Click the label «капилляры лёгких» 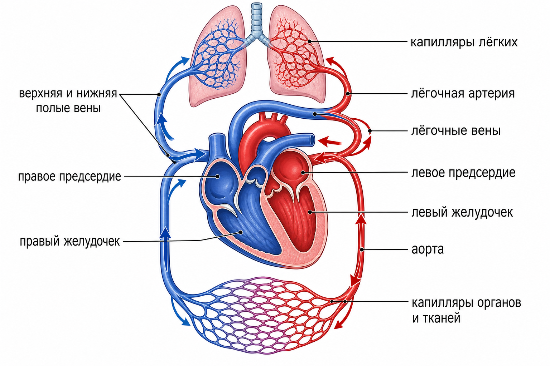coord(464,43)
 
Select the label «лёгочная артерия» coord(463,94)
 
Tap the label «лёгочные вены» coord(456,131)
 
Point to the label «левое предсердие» coord(463,173)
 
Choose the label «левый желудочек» coord(462,212)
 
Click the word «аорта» coord(428,250)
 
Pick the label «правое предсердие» coord(69,177)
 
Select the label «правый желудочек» coord(70,242)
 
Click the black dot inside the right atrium coord(217,176)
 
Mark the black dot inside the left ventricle coord(310,212)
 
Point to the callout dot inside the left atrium coord(303,173)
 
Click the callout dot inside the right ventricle coord(241,232)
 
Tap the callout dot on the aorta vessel coord(362,249)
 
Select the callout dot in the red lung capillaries coord(309,41)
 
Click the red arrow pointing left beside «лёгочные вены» coord(330,142)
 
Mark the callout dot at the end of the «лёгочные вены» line coord(370,131)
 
